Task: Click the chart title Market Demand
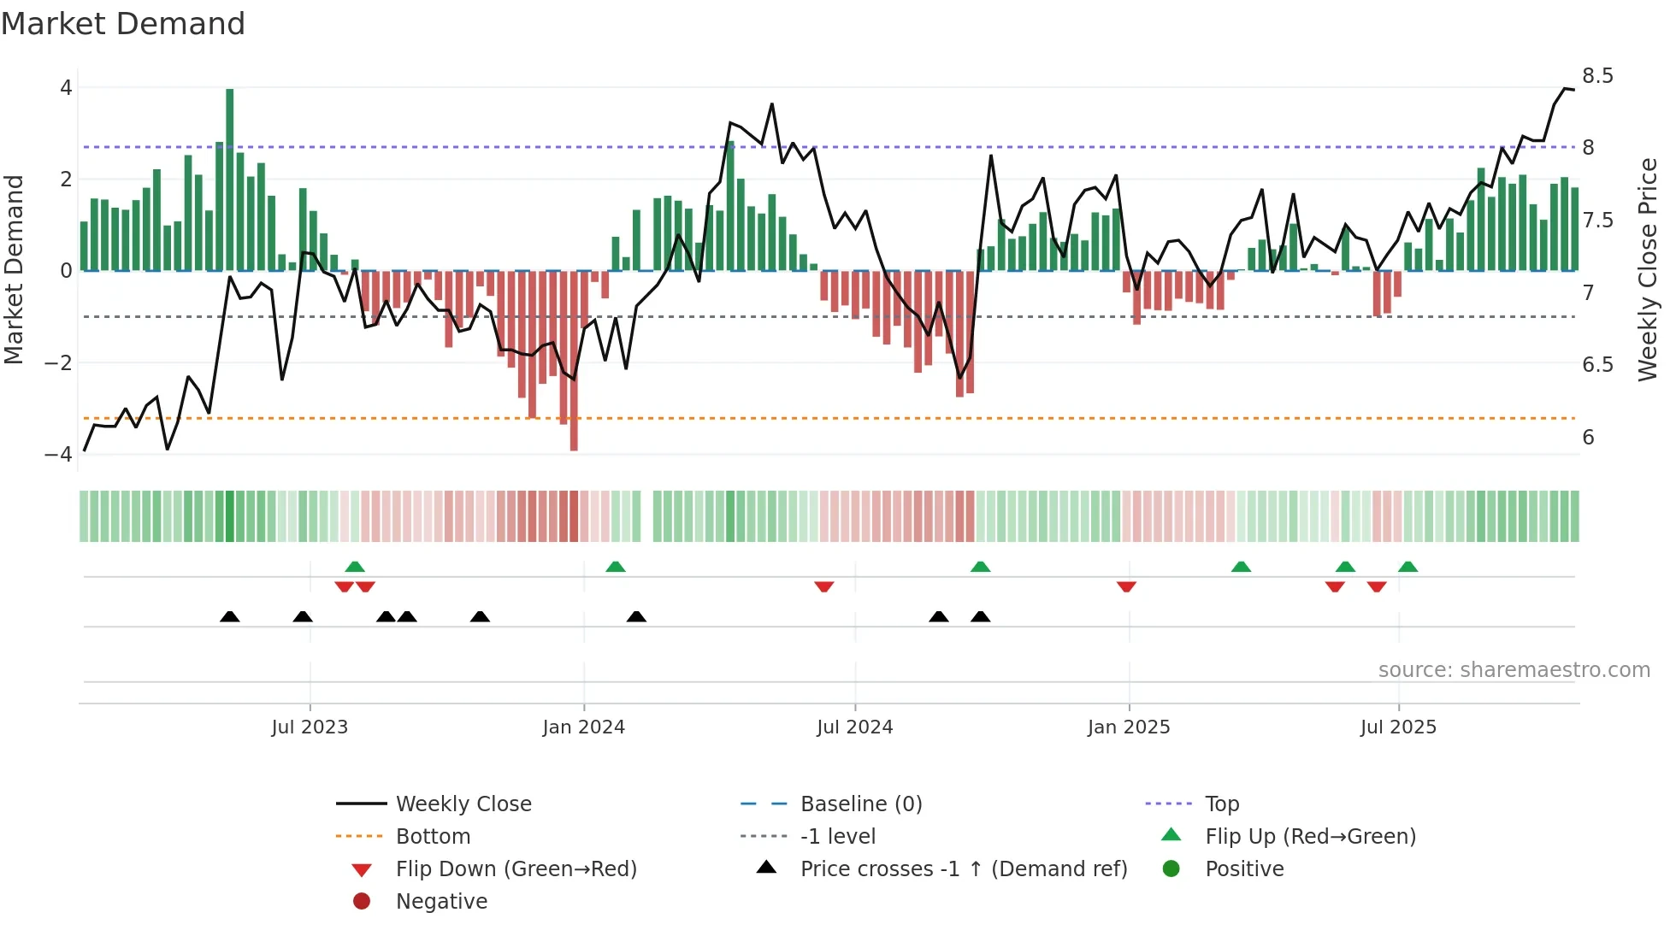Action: click(123, 24)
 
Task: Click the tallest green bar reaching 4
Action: click(229, 180)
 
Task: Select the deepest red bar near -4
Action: click(574, 361)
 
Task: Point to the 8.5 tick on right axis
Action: click(1597, 76)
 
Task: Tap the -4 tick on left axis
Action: click(58, 454)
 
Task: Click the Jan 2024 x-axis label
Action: click(583, 727)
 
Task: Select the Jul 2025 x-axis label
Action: click(1398, 727)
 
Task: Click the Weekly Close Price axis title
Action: click(1647, 269)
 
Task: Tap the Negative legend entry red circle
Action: click(362, 902)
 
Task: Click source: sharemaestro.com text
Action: click(1514, 670)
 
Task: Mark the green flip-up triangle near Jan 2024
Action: click(616, 567)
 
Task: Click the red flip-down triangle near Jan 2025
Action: click(1126, 586)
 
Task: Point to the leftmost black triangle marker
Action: click(229, 616)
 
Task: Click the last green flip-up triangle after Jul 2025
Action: click(1407, 567)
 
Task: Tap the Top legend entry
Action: click(1221, 804)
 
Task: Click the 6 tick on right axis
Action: click(1588, 438)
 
